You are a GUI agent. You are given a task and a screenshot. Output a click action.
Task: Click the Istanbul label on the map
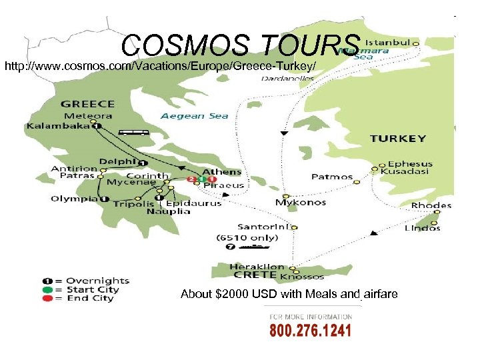[x=387, y=41]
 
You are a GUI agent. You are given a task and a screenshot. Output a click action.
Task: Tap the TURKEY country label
[x=398, y=139]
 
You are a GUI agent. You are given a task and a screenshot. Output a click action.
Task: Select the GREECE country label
[x=87, y=104]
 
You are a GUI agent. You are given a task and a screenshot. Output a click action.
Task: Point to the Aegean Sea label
[x=194, y=116]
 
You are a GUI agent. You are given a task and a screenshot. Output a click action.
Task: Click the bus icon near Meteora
[x=135, y=132]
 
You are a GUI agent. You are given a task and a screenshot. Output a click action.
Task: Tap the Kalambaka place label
[x=59, y=126]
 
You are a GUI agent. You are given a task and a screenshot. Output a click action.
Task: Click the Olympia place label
[x=75, y=198]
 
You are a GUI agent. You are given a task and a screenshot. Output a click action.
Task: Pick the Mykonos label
[x=301, y=202]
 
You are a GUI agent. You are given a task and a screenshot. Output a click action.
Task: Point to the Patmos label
[x=332, y=177]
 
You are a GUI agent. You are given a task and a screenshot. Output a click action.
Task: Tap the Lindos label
[x=423, y=228]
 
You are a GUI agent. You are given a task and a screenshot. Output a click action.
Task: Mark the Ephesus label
[x=410, y=163]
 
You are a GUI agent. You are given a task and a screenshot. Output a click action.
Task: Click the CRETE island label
[x=245, y=275]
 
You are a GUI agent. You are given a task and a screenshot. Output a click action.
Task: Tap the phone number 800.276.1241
[x=310, y=331]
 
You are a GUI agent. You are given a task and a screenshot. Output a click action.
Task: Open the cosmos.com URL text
[x=160, y=66]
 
